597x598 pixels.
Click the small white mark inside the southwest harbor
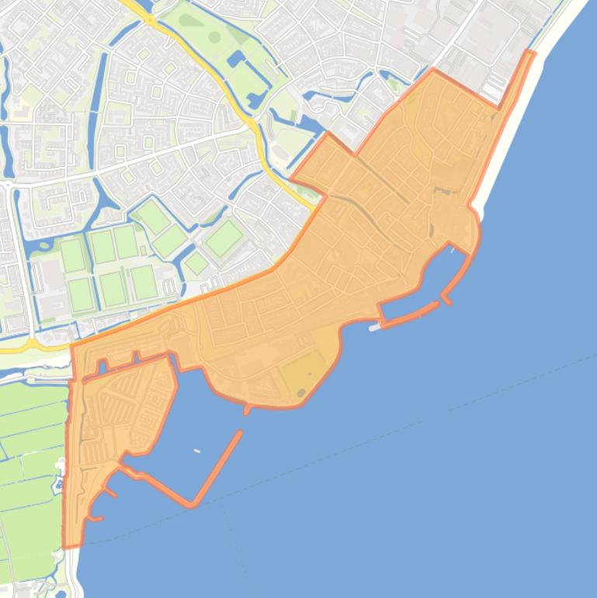point(196,450)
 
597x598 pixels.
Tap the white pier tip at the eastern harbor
point(375,328)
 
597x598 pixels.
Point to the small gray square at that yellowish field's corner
point(300,393)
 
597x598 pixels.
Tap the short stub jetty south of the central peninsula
point(247,409)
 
